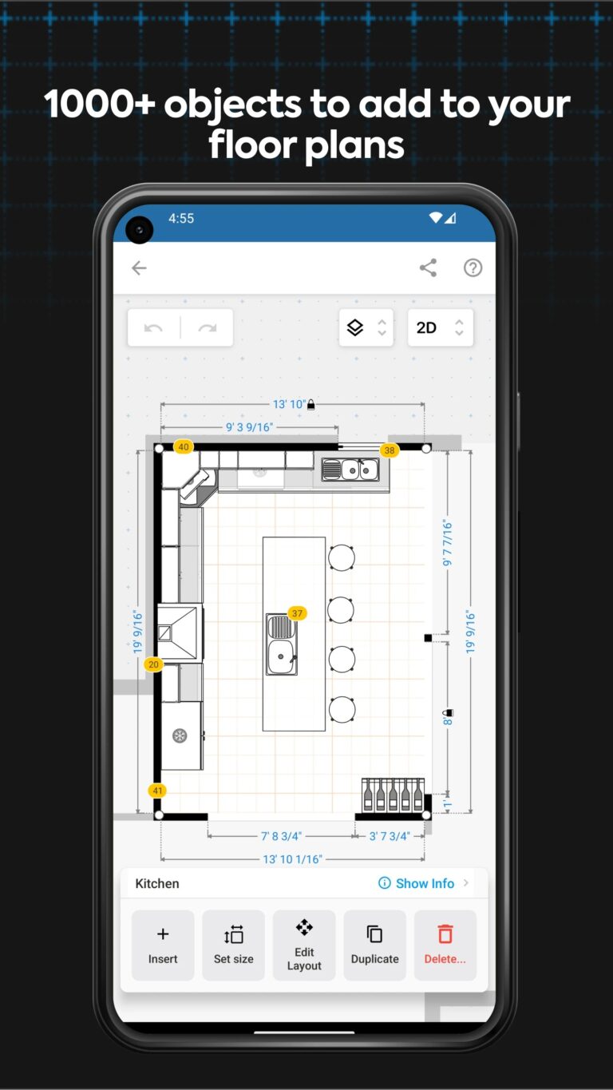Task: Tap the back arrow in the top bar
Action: click(139, 268)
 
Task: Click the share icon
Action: click(428, 268)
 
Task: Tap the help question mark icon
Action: click(473, 268)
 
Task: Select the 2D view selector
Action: click(440, 327)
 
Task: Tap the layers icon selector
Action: click(366, 327)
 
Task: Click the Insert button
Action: click(163, 945)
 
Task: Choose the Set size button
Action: click(233, 945)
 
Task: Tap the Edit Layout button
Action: click(304, 945)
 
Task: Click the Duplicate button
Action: click(374, 945)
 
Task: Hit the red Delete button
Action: click(445, 945)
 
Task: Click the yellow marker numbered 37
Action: click(297, 613)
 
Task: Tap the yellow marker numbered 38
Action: click(389, 450)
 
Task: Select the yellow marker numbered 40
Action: click(184, 447)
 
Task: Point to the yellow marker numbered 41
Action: click(157, 791)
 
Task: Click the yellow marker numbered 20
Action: click(153, 664)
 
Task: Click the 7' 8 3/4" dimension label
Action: click(281, 836)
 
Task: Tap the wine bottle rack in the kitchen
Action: click(393, 795)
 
